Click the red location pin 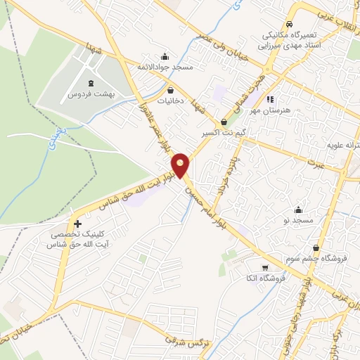181,165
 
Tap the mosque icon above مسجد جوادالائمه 165,56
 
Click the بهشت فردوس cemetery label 91,94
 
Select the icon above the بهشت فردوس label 91,83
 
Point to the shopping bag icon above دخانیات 171,90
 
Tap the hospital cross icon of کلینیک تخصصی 77,224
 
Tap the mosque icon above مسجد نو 298,209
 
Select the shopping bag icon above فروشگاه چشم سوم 316,248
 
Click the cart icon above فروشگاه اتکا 264,268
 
